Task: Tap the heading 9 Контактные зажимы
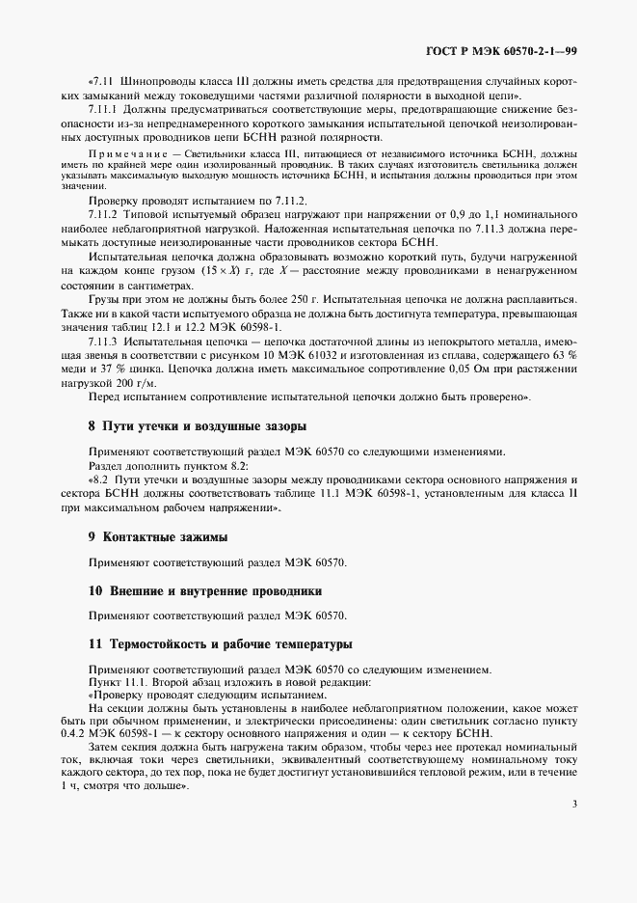[157, 535]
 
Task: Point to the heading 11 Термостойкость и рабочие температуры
[220, 643]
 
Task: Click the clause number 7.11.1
[103, 111]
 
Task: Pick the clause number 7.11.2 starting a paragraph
[103, 213]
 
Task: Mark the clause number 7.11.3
[103, 342]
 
